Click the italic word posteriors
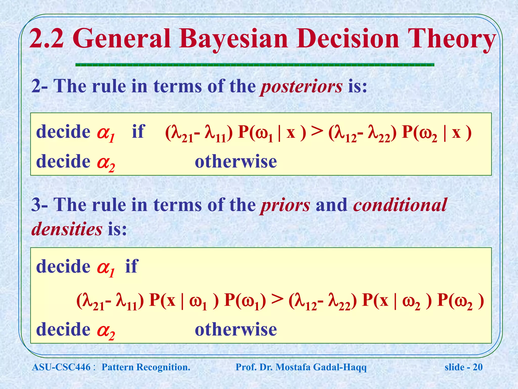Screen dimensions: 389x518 [301, 86]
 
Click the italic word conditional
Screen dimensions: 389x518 [400, 205]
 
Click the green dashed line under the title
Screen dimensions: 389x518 [254, 65]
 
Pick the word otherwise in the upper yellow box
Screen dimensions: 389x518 [236, 162]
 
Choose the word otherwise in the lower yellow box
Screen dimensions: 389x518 [236, 330]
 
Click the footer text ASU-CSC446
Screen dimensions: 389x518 [61, 367]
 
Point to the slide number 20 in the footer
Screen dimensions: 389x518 [478, 367]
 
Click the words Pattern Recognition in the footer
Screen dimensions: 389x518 [146, 367]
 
